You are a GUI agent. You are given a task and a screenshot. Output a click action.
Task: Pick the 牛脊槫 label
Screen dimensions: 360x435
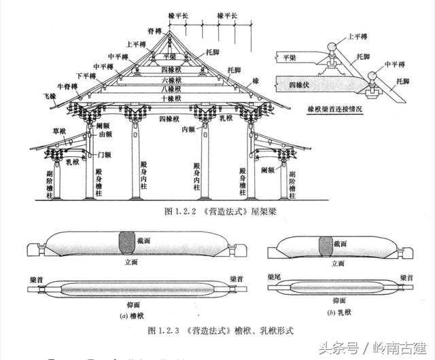click(71, 86)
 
